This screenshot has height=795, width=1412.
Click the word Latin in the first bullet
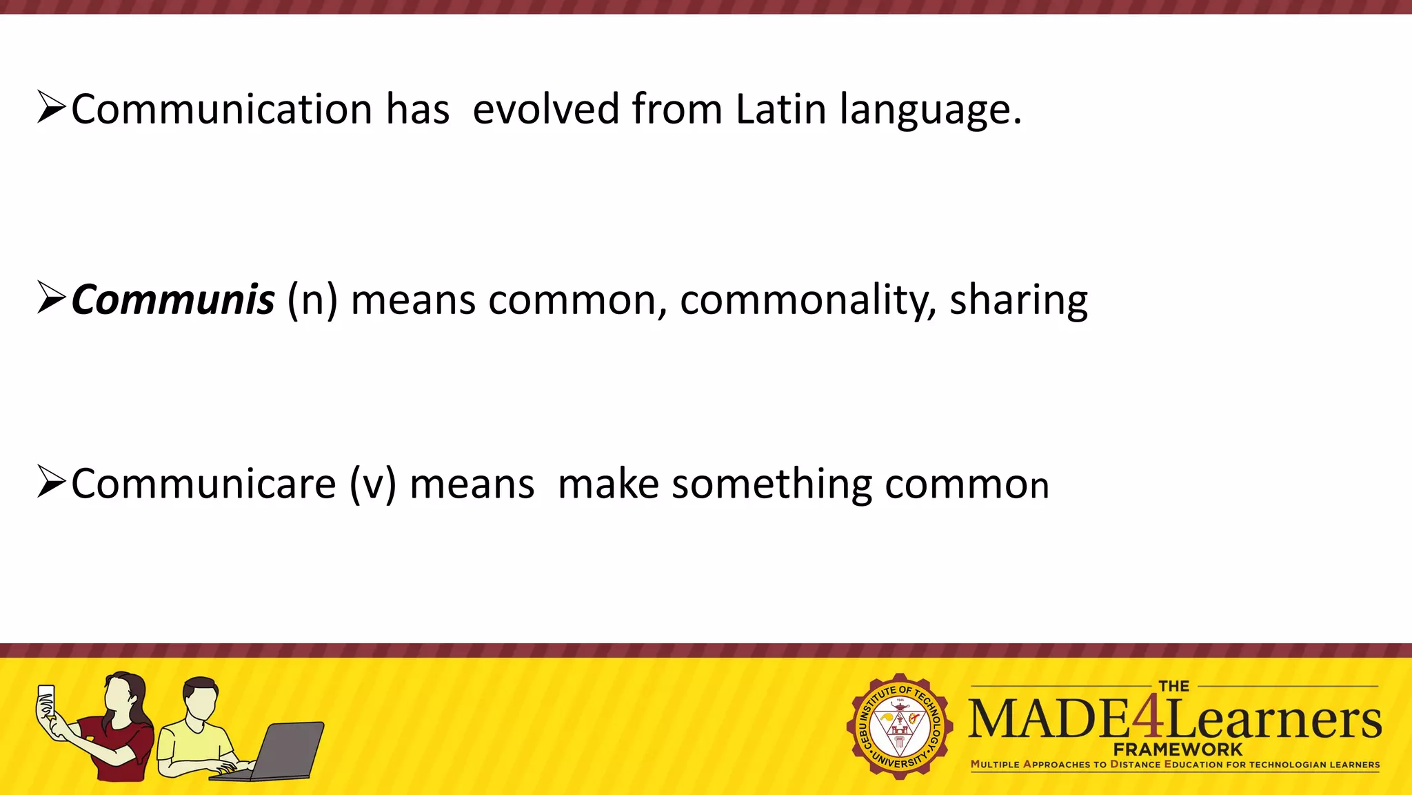pyautogui.click(x=780, y=109)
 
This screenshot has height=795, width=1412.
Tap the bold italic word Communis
pyautogui.click(x=172, y=300)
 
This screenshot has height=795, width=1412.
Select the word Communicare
pyautogui.click(x=203, y=484)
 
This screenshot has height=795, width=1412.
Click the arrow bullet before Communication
pyautogui.click(x=52, y=108)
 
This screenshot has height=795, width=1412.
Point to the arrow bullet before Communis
pyautogui.click(x=52, y=298)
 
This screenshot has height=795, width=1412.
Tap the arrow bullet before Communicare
pyautogui.click(x=52, y=482)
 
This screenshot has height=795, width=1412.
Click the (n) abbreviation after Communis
pyautogui.click(x=312, y=301)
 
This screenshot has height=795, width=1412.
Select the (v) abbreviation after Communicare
pyautogui.click(x=372, y=484)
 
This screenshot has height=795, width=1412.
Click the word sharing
pyautogui.click(x=1018, y=301)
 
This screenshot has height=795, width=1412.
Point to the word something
pyautogui.click(x=771, y=484)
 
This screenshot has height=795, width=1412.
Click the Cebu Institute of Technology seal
pyautogui.click(x=900, y=726)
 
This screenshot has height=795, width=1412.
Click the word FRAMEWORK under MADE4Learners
pyautogui.click(x=1178, y=749)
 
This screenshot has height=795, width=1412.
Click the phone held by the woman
pyautogui.click(x=46, y=700)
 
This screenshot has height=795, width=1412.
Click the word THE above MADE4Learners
pyautogui.click(x=1173, y=686)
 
